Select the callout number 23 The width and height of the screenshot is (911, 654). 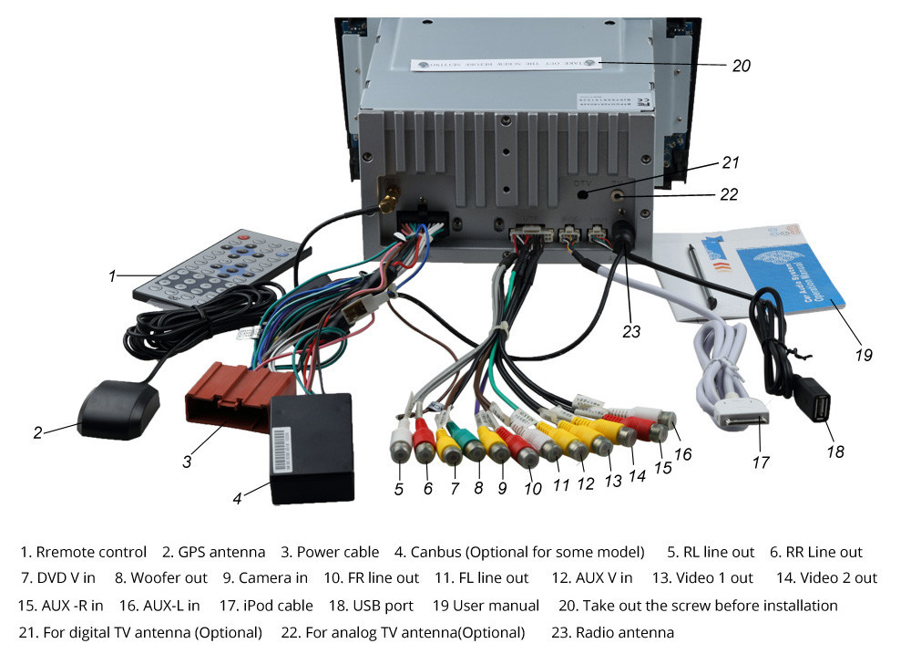(631, 332)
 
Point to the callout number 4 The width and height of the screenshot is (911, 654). (237, 499)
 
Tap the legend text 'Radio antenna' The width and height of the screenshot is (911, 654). (624, 632)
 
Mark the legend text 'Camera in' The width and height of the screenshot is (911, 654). (273, 577)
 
